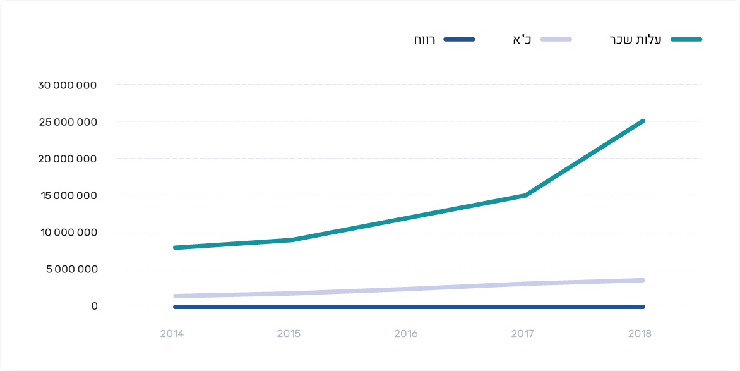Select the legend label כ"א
pos(522,40)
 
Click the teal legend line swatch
pos(686,39)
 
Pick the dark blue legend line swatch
pos(459,39)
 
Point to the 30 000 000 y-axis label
pos(67,85)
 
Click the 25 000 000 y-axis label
pos(67,121)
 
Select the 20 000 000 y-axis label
pos(67,159)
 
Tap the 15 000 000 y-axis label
pos(68,195)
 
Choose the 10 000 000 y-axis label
pos(68,233)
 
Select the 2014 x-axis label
pos(172,333)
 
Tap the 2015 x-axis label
pos(289,333)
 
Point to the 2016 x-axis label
pos(406,333)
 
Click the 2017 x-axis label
pos(523,333)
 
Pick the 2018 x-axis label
pos(640,333)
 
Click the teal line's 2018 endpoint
pos(643,121)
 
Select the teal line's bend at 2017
pos(525,195)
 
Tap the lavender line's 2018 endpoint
pos(643,280)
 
